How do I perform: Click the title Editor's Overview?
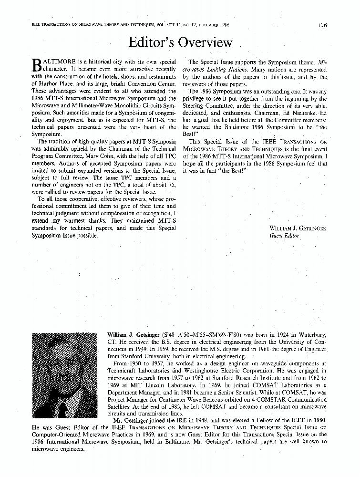point(180,42)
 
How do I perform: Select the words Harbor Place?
point(51,84)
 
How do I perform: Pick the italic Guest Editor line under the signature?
point(284,236)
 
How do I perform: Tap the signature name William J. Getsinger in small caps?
point(298,228)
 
